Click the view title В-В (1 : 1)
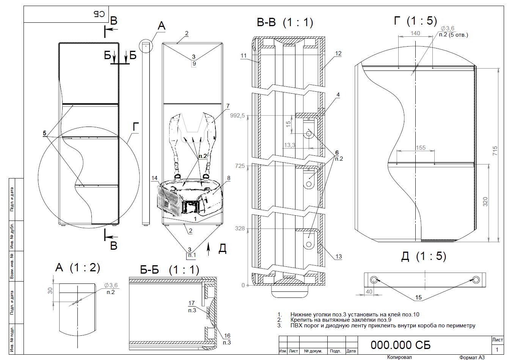pyautogui.click(x=285, y=22)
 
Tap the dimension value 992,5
pyautogui.click(x=237, y=116)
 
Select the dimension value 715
pyautogui.click(x=495, y=150)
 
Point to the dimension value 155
pyautogui.click(x=420, y=147)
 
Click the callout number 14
pyautogui.click(x=154, y=178)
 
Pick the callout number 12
pyautogui.click(x=338, y=53)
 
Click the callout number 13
pyautogui.click(x=339, y=256)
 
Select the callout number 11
pyautogui.click(x=244, y=56)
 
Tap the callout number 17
pyautogui.click(x=192, y=303)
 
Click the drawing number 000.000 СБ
pyautogui.click(x=401, y=345)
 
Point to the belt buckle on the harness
pyautogui.click(x=190, y=207)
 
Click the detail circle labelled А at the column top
pyautogui.click(x=146, y=46)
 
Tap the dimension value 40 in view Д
pyautogui.click(x=369, y=291)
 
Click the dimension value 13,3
pyautogui.click(x=289, y=145)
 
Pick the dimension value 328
pyautogui.click(x=240, y=229)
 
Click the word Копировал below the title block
pyautogui.click(x=399, y=357)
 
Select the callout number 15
pyautogui.click(x=418, y=297)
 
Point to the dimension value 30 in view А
pyautogui.click(x=50, y=291)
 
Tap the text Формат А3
pyautogui.click(x=472, y=357)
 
